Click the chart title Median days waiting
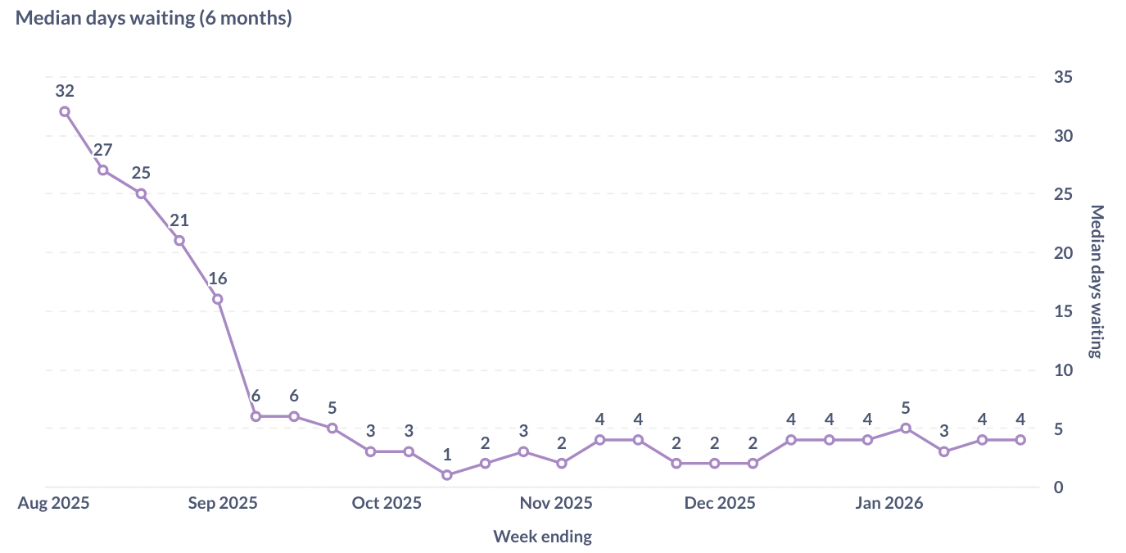154,18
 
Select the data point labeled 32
65,111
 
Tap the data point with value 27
103,170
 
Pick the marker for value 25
141,194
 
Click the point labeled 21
179,241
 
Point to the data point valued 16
218,299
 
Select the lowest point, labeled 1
447,475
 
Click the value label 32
65,91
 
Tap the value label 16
218,279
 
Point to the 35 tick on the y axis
1063,77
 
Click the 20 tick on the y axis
1063,253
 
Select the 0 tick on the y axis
1059,487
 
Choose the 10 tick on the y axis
1063,370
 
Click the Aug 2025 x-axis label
54,503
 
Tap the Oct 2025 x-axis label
387,503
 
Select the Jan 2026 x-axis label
889,503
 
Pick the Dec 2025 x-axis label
720,503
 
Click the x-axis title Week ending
542,537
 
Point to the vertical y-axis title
1097,282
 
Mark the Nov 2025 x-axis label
556,503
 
